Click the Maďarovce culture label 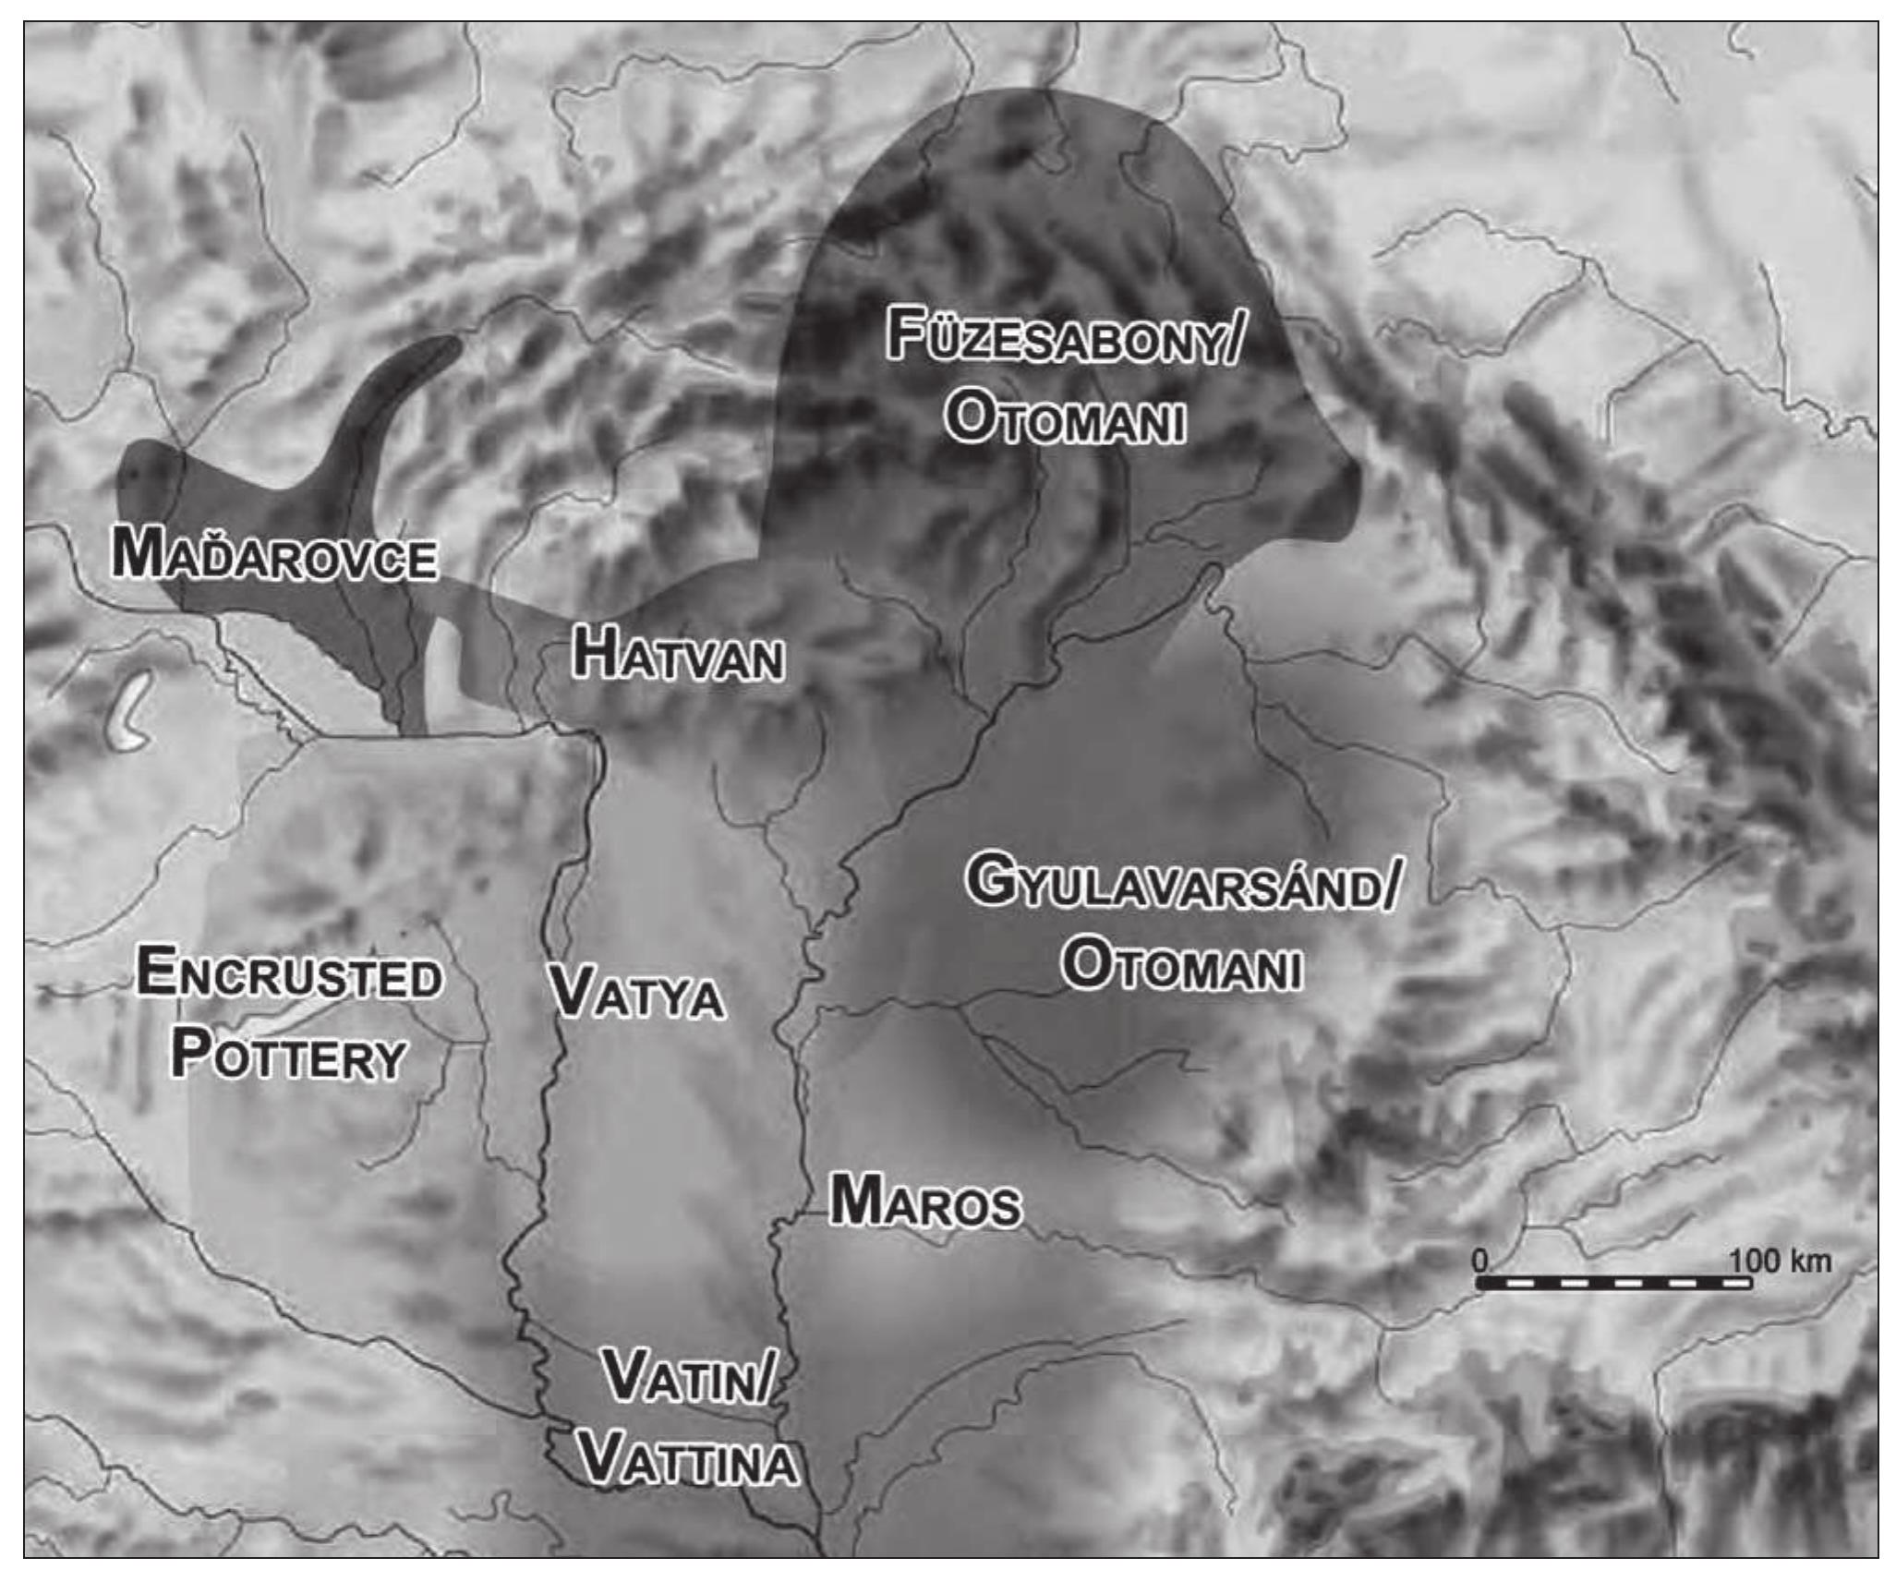[273, 557]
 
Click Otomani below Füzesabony [1065, 421]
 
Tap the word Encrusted [289, 975]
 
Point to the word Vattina [689, 1462]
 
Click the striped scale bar [1613, 1284]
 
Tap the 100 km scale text [1780, 1261]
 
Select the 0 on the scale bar [1480, 1261]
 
